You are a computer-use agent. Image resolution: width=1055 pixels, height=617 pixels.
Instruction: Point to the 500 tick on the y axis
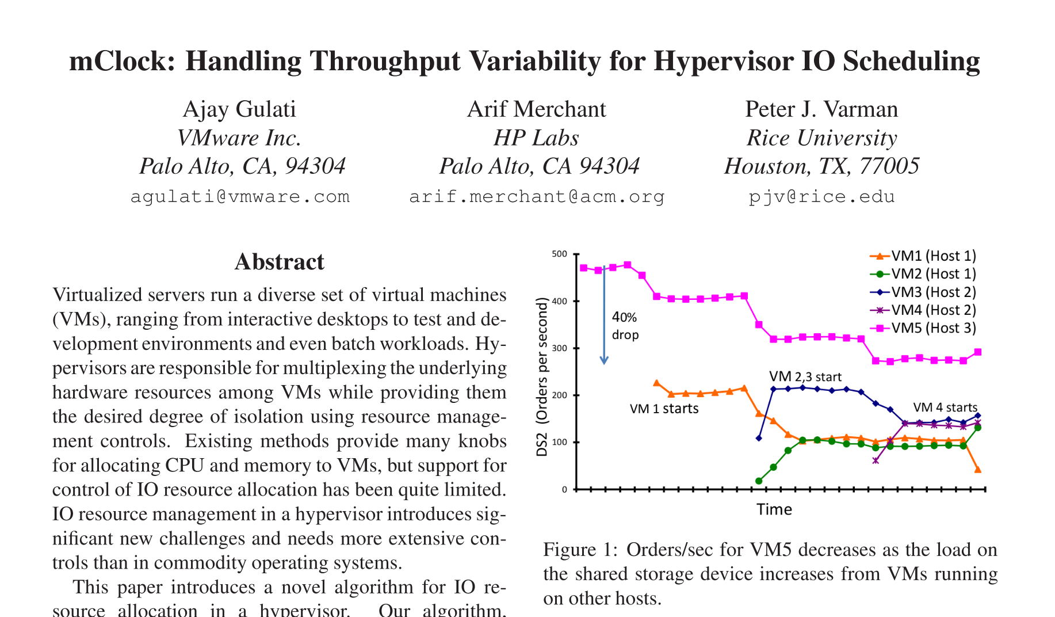[559, 254]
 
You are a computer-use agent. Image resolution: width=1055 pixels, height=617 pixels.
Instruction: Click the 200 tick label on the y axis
[559, 395]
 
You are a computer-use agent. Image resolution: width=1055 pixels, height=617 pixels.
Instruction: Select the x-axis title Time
[774, 509]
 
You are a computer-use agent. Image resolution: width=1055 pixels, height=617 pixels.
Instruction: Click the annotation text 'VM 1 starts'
[664, 409]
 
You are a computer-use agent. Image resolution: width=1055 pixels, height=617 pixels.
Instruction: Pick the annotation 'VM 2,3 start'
[805, 377]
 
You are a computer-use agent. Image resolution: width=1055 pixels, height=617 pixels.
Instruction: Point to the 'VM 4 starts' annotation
[945, 407]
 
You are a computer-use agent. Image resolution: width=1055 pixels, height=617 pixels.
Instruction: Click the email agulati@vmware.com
[240, 197]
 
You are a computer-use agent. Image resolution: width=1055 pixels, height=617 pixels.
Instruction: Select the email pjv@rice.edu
[821, 197]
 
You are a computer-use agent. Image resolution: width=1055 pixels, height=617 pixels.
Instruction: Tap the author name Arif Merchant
[536, 109]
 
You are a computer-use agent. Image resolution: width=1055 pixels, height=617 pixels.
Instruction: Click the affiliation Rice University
[821, 138]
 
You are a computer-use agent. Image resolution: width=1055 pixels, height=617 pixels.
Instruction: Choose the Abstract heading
[280, 262]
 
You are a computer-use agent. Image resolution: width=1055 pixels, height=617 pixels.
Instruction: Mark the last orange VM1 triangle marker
[978, 470]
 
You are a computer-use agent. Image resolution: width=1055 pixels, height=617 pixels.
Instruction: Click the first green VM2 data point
[759, 481]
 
